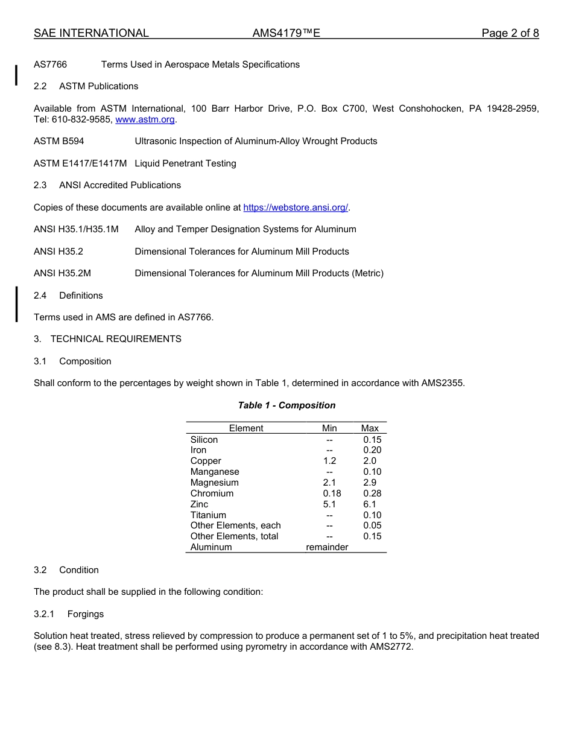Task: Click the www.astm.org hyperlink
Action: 145,119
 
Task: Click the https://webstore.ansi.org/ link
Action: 296,208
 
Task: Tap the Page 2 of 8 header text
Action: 510,33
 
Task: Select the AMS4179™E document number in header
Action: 286,33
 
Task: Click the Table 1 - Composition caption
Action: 286,405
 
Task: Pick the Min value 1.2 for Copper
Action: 329,461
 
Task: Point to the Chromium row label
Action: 212,493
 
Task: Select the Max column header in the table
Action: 370,428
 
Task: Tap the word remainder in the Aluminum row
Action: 327,547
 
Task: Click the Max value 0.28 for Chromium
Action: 372,493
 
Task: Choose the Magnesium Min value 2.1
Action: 329,483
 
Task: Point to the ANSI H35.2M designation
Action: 62,273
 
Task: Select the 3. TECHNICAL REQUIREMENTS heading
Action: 107,339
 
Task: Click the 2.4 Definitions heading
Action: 68,296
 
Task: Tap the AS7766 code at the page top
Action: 50,65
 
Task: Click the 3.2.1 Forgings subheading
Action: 69,614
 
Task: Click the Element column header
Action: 245,428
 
